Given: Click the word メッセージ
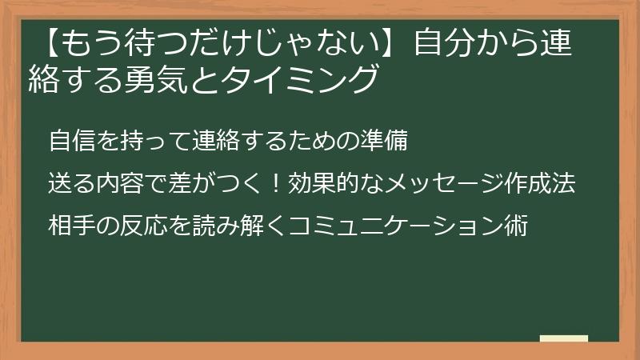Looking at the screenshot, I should [434, 185].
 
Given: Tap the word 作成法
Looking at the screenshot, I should [540, 185].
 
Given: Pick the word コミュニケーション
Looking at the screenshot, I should [396, 227].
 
